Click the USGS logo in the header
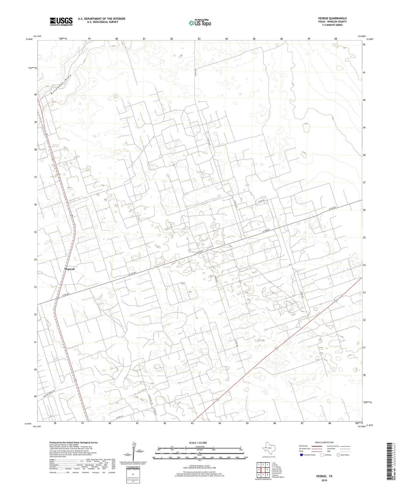coord(61,21)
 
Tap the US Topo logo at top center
coord(200,23)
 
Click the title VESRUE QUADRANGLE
coord(332,18)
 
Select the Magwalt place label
coord(69,269)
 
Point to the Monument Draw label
coord(61,84)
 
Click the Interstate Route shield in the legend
coord(301,455)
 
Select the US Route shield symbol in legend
coord(322,455)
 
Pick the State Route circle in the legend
coord(338,455)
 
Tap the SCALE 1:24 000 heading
coord(198,443)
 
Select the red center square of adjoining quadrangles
coord(263,470)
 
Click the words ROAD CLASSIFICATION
coord(324,442)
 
